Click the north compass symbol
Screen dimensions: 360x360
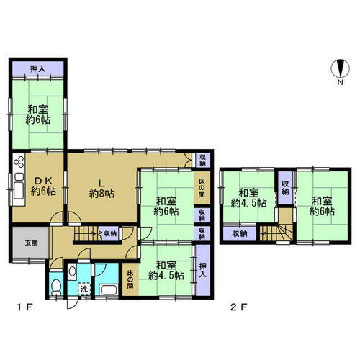tap(340, 68)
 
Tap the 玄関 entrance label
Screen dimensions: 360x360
tap(31, 243)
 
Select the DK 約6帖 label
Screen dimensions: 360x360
tap(43, 186)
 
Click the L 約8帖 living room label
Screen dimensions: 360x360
tap(102, 189)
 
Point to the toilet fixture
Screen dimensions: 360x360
tap(56, 287)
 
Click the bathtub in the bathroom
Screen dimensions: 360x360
tap(109, 289)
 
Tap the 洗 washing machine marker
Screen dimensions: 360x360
tap(84, 289)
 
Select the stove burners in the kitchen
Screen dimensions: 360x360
tap(19, 162)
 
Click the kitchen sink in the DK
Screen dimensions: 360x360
tap(19, 191)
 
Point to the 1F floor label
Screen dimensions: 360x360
tap(24, 307)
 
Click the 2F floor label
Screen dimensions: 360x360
tap(239, 307)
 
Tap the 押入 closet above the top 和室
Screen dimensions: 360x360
tap(38, 68)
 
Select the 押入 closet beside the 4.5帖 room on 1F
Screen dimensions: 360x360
tap(203, 270)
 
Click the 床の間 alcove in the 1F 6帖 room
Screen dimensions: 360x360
tap(202, 187)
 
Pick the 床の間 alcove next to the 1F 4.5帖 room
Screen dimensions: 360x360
tap(130, 279)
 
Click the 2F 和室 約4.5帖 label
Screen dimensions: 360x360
tap(248, 198)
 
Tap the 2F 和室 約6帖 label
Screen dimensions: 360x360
tap(322, 206)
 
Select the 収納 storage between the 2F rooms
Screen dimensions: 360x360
tap(285, 188)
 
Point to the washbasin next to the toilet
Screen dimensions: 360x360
tap(72, 271)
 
